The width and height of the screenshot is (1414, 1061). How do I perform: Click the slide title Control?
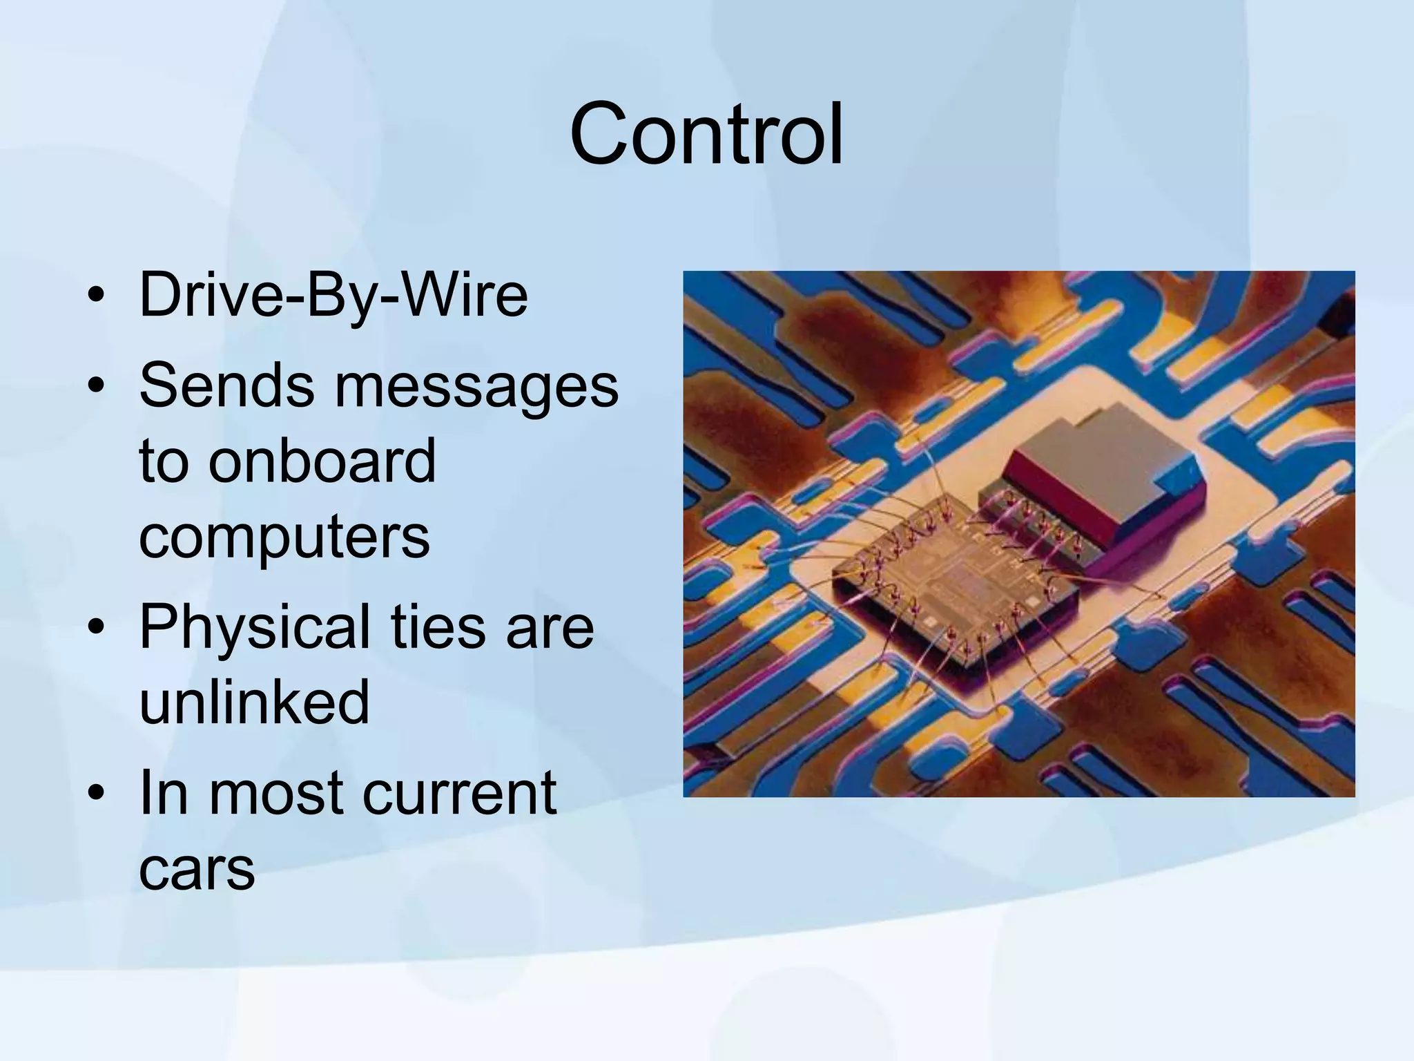(706, 134)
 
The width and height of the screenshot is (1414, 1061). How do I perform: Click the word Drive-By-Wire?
(333, 295)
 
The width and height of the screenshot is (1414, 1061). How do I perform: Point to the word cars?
(197, 870)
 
